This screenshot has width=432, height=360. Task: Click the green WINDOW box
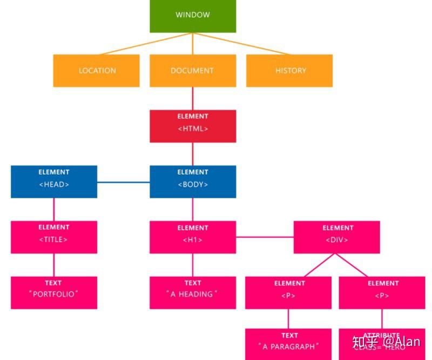(x=193, y=16)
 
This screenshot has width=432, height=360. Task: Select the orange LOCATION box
(x=96, y=70)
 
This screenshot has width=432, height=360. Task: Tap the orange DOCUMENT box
(x=193, y=70)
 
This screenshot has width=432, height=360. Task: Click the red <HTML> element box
(x=193, y=126)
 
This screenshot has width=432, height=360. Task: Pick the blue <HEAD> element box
(x=54, y=182)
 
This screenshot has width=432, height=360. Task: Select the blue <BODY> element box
(x=193, y=182)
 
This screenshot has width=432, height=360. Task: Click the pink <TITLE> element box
(x=54, y=237)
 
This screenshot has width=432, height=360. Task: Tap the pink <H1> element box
(x=193, y=237)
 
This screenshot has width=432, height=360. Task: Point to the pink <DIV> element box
(x=337, y=237)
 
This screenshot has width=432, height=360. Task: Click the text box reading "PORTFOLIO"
(x=54, y=292)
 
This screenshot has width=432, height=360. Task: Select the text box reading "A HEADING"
(x=193, y=292)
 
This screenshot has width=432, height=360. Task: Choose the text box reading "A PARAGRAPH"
(x=288, y=344)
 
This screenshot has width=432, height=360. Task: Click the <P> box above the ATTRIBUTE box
(x=382, y=292)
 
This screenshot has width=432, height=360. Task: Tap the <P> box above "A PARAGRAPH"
(x=288, y=292)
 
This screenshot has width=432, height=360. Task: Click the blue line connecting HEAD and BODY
(x=123, y=182)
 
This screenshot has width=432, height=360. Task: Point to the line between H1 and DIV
(x=265, y=237)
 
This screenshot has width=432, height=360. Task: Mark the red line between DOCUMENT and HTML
(x=193, y=98)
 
